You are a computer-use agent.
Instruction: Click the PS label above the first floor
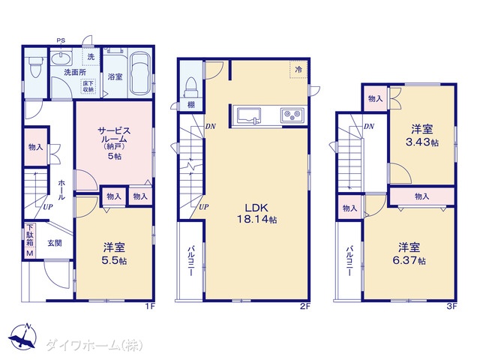pos(61,40)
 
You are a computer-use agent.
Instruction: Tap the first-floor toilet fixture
pos(35,67)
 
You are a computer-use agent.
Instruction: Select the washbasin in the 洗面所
pos(61,58)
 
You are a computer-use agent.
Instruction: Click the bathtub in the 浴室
pos(140,73)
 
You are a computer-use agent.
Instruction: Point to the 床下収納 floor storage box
pos(88,86)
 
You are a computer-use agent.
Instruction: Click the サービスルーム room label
pos(114,135)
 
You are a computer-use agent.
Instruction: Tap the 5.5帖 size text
pos(114,260)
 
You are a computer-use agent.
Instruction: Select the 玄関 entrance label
pos(55,243)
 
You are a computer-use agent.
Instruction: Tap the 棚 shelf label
pos(190,105)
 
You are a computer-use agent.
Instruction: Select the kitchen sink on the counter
pos(247,115)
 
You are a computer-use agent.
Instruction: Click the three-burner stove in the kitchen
pos(292,115)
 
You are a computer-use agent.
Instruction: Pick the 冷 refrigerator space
pos(298,70)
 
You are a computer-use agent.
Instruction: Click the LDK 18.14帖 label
pos(256,213)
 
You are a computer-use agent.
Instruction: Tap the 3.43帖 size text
pos(422,142)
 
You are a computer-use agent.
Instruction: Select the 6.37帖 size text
pos(409,260)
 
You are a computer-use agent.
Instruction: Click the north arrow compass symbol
pos(22,336)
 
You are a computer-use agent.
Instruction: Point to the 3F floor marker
pos(451,306)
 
